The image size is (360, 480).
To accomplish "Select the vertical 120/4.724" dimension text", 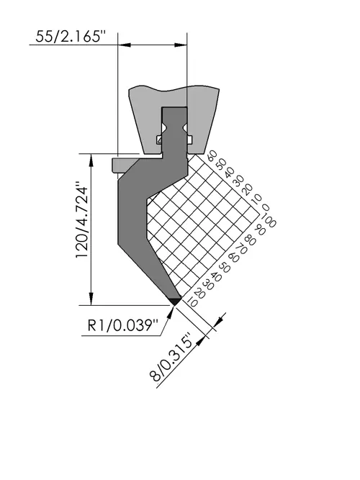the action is [x=82, y=219].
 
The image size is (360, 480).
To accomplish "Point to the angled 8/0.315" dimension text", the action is [x=172, y=357].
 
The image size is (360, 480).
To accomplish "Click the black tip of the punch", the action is [x=175, y=302].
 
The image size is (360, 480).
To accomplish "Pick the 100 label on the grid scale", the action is [x=269, y=221].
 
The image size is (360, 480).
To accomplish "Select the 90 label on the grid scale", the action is [x=260, y=230].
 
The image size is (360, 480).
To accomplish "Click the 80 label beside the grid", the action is [x=250, y=240].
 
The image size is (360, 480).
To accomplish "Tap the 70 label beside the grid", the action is [x=241, y=248].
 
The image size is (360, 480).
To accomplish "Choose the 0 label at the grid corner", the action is [x=266, y=208].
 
